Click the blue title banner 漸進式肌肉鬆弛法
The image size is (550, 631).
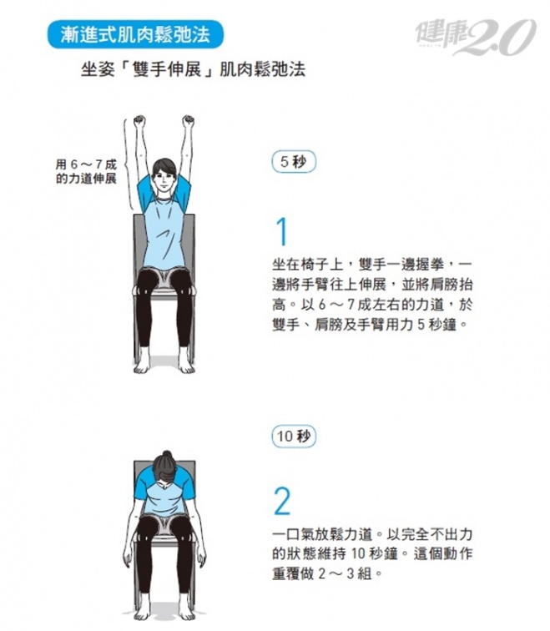pos(135,34)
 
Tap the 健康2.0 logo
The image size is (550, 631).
pos(476,37)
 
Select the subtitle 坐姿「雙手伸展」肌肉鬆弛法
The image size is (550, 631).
pos(193,70)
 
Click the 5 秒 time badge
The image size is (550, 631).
pos(294,162)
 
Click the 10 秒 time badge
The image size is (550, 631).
pos(294,436)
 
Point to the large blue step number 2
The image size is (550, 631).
pos(282,501)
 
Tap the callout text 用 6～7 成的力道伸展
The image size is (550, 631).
pos(86,171)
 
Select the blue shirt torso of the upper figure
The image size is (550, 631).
pos(164,234)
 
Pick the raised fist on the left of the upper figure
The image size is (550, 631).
pos(139,121)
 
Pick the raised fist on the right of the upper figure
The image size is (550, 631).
pos(188,121)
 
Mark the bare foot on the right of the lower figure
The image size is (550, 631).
pos(187,609)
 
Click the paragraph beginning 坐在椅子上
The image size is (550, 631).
pos(372,295)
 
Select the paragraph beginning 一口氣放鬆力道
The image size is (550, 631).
pos(372,553)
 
